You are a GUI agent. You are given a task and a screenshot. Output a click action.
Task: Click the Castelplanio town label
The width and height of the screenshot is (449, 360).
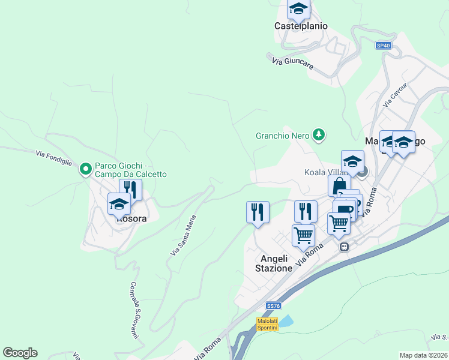click(x=301, y=26)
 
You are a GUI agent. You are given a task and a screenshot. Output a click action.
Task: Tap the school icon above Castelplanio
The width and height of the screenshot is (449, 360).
click(x=298, y=9)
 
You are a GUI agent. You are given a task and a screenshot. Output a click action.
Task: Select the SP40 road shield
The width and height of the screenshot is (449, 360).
click(x=383, y=46)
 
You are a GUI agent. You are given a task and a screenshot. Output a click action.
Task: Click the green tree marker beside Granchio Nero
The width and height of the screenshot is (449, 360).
click(x=319, y=135)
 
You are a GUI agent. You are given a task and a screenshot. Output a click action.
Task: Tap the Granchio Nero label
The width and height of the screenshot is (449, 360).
click(x=282, y=135)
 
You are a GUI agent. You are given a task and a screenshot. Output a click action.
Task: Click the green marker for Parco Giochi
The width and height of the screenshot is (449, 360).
click(x=86, y=170)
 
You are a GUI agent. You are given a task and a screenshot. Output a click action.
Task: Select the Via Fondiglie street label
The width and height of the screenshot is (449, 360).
click(x=54, y=159)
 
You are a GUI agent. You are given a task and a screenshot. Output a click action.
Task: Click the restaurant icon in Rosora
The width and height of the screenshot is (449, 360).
click(x=130, y=190)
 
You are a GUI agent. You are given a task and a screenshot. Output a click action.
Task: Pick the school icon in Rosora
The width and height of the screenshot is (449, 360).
click(x=119, y=203)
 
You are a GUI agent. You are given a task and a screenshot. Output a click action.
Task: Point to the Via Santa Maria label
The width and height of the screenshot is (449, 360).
click(x=183, y=236)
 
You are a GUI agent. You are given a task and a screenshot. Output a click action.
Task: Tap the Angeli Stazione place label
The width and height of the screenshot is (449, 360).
click(x=276, y=263)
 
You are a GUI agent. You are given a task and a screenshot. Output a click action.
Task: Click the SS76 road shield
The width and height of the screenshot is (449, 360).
click(x=273, y=305)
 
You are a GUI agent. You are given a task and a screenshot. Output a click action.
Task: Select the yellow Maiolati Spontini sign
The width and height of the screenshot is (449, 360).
click(x=267, y=324)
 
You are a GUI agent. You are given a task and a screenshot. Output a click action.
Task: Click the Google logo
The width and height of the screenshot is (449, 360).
click(x=20, y=353)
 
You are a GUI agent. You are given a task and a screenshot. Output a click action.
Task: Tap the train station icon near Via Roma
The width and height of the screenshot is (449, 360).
click(x=345, y=247)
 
